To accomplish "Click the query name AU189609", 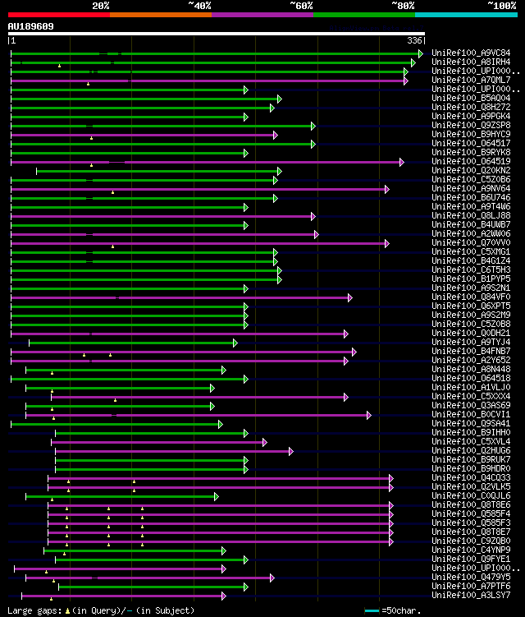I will tap(31, 26).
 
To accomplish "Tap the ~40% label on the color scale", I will tap(199, 6).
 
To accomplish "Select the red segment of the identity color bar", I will tap(58, 14).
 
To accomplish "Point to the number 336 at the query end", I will tap(415, 40).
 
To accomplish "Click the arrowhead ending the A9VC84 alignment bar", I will tap(421, 53).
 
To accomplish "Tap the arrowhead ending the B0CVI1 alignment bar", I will tap(369, 415).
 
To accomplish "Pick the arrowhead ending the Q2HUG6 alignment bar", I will tap(291, 451).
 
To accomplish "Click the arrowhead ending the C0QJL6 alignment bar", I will tap(217, 496).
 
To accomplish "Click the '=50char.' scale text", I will tap(402, 610).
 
